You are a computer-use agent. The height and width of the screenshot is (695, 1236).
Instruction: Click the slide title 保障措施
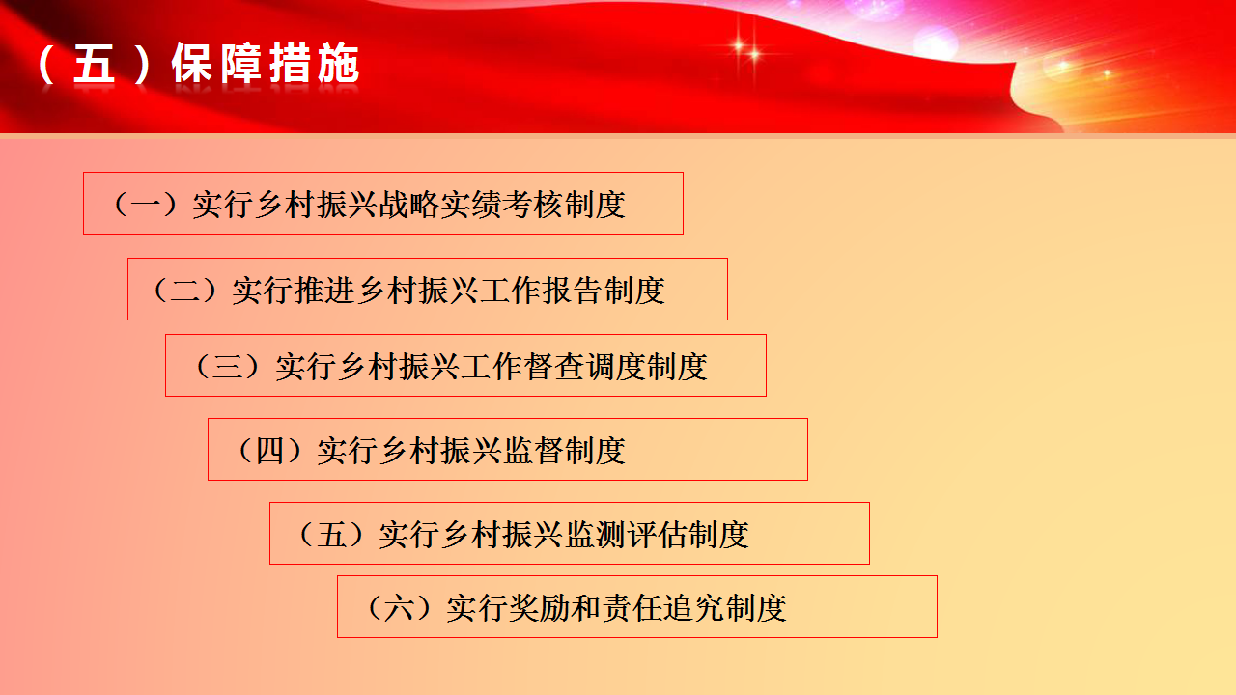[266, 64]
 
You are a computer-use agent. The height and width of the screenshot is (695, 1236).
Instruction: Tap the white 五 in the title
[94, 64]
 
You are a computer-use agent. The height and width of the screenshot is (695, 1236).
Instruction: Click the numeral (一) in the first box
[145, 204]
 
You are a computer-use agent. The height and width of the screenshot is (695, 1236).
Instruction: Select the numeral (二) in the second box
[184, 291]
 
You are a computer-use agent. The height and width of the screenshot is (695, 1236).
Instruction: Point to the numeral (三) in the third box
[228, 366]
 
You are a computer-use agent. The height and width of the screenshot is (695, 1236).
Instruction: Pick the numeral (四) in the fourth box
[269, 451]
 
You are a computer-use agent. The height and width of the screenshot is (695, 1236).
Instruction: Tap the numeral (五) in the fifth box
[331, 535]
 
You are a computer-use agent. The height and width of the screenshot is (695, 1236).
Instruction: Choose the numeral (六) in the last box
[399, 608]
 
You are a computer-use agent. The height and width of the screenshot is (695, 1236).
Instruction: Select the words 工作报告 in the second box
[542, 291]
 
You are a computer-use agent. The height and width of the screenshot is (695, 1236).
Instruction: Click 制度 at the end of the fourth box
[596, 451]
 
